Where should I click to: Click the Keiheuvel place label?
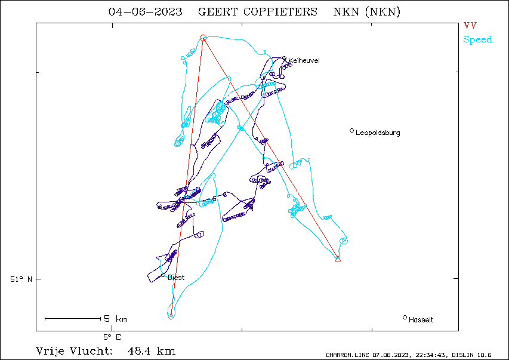point(304,60)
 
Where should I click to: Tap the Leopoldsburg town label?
point(378,133)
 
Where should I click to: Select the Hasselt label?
point(421,320)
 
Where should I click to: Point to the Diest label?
point(176,278)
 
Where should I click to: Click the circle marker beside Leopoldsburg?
point(351,131)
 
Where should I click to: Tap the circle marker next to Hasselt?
point(405,318)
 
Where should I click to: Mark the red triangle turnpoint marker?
point(338,259)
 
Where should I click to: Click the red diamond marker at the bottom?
point(171,316)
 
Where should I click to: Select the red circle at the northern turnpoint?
point(203,38)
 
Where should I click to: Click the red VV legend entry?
point(470,25)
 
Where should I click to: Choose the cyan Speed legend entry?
point(477,39)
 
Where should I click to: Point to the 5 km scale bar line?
point(73,319)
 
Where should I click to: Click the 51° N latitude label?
point(21,279)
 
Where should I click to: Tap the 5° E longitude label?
point(112,337)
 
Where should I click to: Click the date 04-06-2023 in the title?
point(146,12)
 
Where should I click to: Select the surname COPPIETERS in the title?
point(280,12)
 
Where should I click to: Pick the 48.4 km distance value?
point(152,351)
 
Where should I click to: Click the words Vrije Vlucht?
point(73,351)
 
